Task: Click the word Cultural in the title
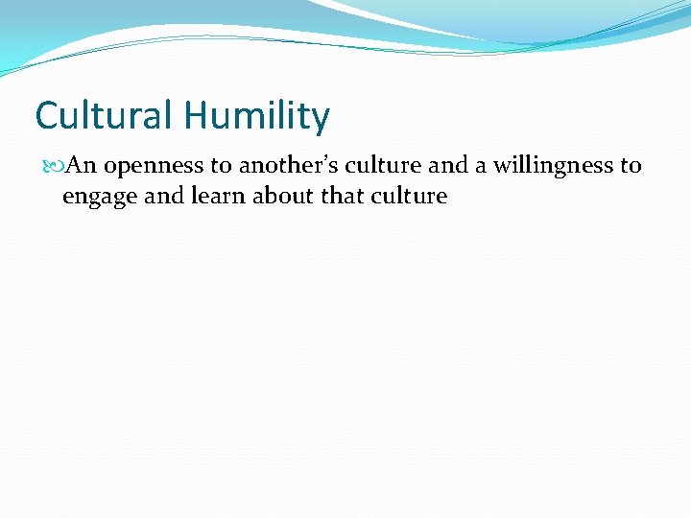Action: [104, 116]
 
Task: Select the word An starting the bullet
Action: [83, 166]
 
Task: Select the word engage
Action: [100, 197]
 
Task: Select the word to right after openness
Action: [222, 166]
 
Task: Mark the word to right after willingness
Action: [630, 166]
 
